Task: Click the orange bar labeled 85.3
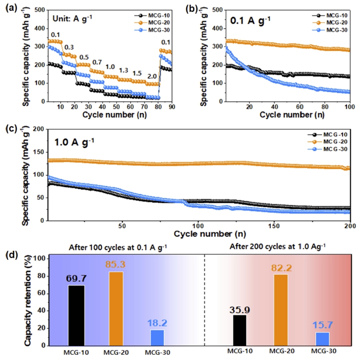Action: tap(116, 309)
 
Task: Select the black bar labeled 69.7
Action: tap(76, 315)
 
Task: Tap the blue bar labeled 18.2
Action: tap(157, 338)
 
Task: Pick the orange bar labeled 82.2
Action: tap(281, 310)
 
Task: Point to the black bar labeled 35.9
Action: tap(240, 330)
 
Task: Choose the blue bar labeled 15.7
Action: tap(323, 339)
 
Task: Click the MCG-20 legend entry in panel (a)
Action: tap(152, 22)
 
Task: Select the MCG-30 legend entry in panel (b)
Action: tap(330, 30)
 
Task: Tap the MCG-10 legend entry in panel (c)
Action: tap(327, 134)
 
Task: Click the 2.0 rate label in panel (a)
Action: tap(152, 76)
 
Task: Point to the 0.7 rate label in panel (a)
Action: tap(97, 62)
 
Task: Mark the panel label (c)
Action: tap(11, 128)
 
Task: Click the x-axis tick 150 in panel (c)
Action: tap(274, 226)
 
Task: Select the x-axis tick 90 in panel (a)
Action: tap(172, 107)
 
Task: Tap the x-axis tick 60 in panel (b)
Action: tap(299, 107)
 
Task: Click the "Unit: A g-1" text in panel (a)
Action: tap(72, 18)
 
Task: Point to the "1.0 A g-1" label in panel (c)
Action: tap(74, 142)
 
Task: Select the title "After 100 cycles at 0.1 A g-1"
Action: tap(118, 247)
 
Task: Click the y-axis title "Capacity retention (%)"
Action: tap(28, 300)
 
